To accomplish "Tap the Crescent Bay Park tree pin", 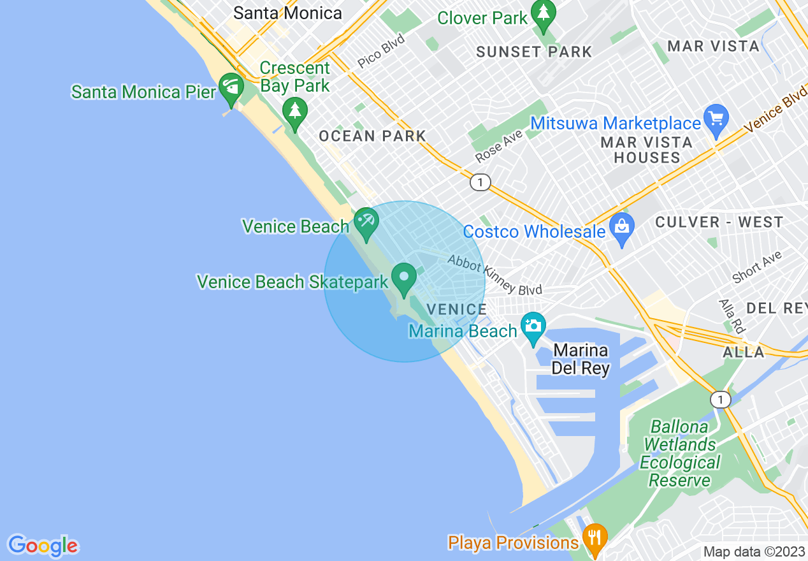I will point(294,112).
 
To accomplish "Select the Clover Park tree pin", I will point(544,14).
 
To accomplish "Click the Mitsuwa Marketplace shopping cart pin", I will point(717,119).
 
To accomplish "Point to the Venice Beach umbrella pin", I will point(366,222).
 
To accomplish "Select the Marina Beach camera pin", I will point(533,326).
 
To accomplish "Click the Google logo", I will point(43,545).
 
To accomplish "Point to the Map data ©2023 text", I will point(753,551).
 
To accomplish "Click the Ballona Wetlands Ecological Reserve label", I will point(680,453).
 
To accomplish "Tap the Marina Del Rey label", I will point(581,359).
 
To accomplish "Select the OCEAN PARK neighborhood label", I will point(372,136).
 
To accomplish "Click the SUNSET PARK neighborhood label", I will point(534,52).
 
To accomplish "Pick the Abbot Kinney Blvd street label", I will point(494,275).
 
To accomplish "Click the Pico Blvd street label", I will point(381,51).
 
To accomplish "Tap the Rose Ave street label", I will point(499,146).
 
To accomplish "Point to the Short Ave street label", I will point(757,267).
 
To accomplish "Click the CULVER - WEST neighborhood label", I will point(719,222).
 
